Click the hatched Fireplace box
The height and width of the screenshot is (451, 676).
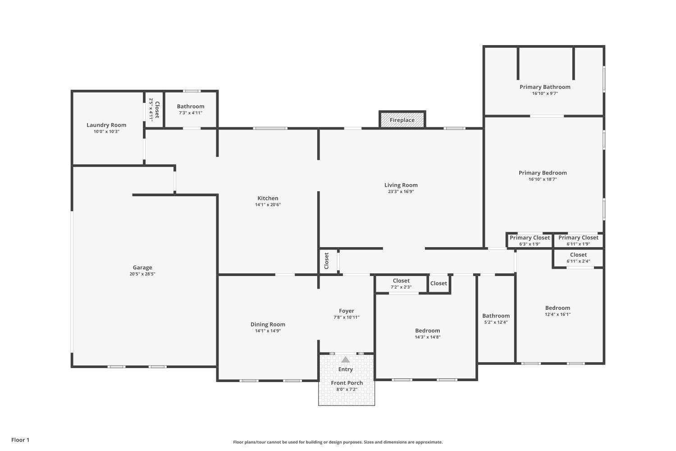[x=402, y=120]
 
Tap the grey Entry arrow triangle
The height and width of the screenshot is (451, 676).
[x=345, y=359]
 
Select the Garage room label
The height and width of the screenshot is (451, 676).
[x=142, y=267]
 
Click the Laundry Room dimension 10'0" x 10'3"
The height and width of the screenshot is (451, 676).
[x=106, y=132]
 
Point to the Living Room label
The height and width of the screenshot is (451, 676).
[x=401, y=185]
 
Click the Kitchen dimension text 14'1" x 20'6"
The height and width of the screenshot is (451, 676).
[x=268, y=205]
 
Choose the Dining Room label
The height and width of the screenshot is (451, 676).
[x=268, y=324]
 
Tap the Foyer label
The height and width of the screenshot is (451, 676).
[x=346, y=311]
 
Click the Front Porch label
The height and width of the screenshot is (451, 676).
[x=347, y=383]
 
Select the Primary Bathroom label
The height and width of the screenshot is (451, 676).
[x=545, y=87]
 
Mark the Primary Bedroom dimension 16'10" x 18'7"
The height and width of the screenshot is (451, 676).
[x=543, y=179]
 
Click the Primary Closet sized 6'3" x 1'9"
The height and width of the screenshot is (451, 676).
[x=530, y=240]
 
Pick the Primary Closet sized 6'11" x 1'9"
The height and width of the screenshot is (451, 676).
[x=578, y=240]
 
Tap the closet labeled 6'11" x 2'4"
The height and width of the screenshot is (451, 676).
[x=578, y=258]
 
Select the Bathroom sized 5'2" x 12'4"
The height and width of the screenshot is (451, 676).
[x=496, y=318]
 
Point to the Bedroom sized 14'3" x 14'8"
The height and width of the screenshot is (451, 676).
[x=427, y=333]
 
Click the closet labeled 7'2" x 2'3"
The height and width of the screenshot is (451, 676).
[x=401, y=283]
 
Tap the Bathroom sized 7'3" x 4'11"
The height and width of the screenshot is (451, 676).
[x=190, y=109]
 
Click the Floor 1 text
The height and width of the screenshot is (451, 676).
[x=20, y=440]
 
